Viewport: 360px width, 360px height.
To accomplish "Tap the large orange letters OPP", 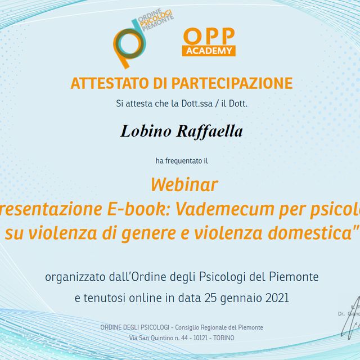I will (x=209, y=37).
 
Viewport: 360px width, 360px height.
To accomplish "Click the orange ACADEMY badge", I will (x=209, y=51).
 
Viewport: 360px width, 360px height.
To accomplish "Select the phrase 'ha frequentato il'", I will (x=182, y=161).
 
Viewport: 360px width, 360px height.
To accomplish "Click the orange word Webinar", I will (x=184, y=184).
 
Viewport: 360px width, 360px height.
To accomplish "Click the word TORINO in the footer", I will (x=224, y=338).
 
